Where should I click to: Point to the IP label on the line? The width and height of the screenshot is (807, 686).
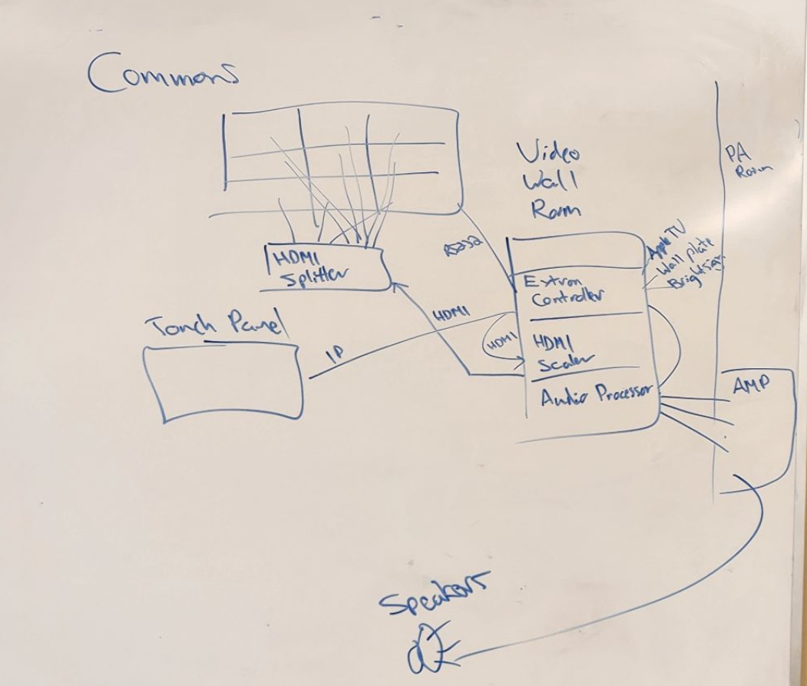(x=335, y=354)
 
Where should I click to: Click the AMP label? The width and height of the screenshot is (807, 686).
(x=751, y=383)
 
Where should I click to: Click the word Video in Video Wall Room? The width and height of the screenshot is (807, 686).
(x=547, y=154)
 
